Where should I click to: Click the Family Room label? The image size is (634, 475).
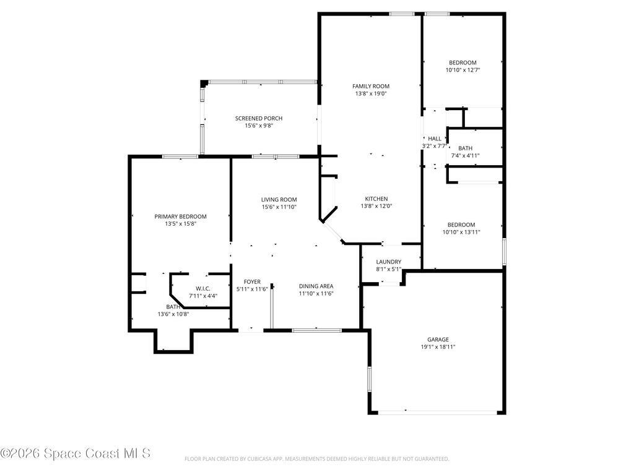coord(371,86)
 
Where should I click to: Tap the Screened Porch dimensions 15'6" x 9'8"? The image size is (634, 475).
coord(258,126)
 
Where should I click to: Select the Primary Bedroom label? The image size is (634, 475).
coord(180,216)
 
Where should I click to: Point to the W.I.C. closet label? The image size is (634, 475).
coord(203,288)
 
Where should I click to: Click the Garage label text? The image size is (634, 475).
coord(438,340)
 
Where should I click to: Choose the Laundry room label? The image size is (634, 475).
coord(388,262)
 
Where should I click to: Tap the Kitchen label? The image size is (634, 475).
coord(376,199)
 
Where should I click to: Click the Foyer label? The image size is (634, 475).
coord(252,281)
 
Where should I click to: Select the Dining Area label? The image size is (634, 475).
coord(316,286)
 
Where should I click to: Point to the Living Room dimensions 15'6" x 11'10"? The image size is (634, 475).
coord(279,207)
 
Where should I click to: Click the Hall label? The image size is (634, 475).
coord(434,139)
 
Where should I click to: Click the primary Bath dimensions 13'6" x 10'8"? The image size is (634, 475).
coord(173,314)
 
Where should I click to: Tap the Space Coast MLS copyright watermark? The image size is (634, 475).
coord(76,453)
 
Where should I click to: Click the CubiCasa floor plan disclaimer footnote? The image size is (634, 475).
coord(316,459)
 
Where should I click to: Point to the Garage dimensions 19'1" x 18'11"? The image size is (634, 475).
coord(438,347)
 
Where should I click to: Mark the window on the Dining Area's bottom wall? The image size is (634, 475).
coord(316,330)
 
